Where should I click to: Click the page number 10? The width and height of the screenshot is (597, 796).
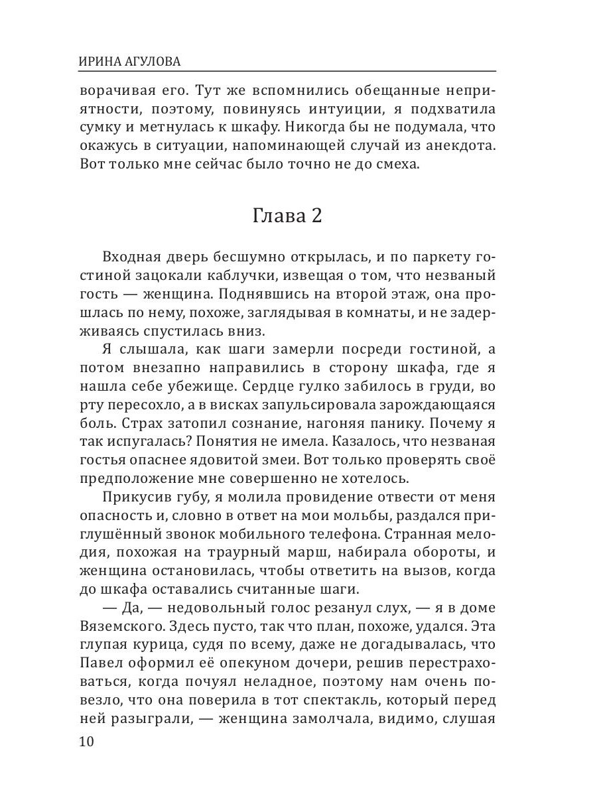point(86,741)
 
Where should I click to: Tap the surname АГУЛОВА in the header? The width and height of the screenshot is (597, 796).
point(151,62)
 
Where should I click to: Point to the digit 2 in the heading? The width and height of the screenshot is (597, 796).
point(315,216)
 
